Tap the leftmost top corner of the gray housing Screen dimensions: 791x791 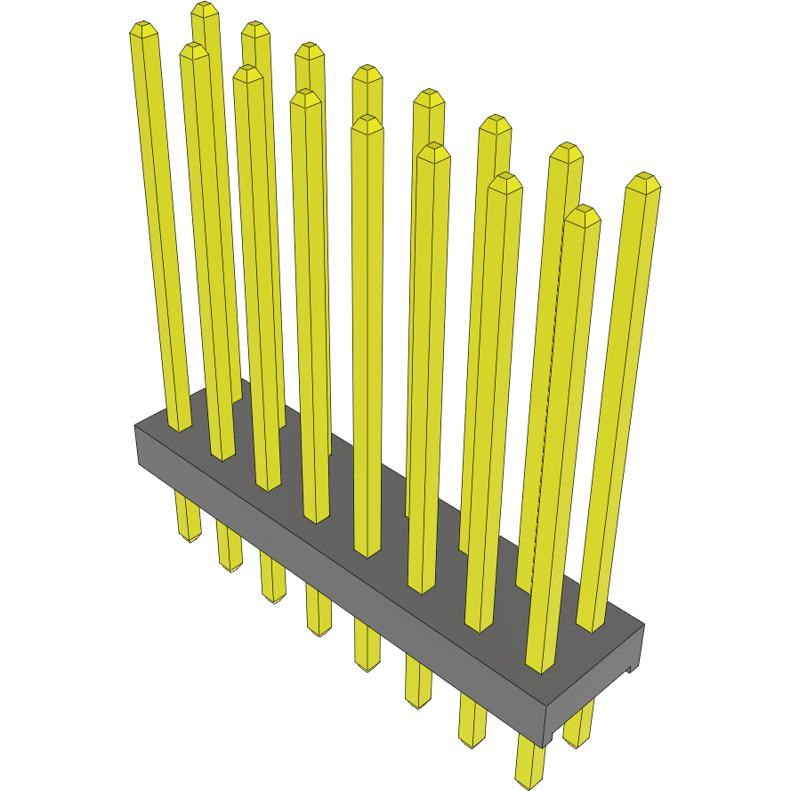click(135, 426)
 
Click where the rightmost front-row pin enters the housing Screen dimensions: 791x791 click(539, 666)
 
